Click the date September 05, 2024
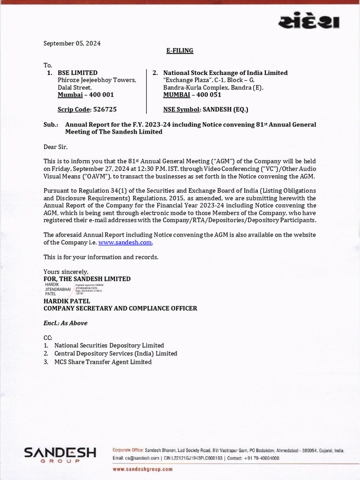coord(72,44)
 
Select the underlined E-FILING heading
coord(180,51)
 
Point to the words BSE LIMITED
coord(77,73)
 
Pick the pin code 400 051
coord(209,95)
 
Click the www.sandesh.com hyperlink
coord(125,242)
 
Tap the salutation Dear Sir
coord(56,147)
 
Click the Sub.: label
coord(51,125)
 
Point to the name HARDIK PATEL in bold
coord(67,301)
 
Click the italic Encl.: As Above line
coord(65,323)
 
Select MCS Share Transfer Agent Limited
coord(103,362)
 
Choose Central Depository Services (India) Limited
coord(116,353)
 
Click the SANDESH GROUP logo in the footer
coord(60,455)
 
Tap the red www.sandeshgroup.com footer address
coord(143,469)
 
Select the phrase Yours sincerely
coord(66,272)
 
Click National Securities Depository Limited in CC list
coord(109,345)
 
